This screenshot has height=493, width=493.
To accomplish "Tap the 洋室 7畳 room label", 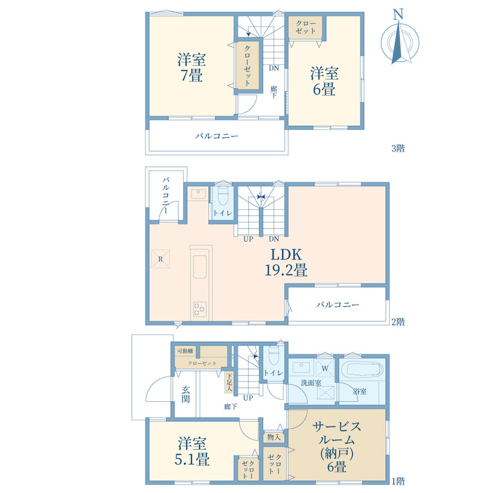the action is point(192,68).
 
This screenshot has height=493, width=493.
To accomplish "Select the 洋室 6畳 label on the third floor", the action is point(324,81).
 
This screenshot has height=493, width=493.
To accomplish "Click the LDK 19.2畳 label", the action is point(286,262).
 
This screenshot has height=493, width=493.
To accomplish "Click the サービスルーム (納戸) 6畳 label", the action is point(336,447).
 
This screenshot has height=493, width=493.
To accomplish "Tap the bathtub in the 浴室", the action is point(364,369).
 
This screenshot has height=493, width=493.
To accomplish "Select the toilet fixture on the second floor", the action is point(222,195).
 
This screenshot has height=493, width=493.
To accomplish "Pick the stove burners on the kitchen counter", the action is point(200,309).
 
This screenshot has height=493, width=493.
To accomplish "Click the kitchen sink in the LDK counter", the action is point(200,267).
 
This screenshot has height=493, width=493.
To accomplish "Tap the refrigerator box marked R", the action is point(160,259).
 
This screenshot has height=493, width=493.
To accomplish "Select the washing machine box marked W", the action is point(325,368).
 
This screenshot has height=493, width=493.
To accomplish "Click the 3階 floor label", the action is point(398,148).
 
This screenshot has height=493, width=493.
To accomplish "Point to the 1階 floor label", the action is point(398,481).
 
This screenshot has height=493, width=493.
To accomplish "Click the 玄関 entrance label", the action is point(185,394).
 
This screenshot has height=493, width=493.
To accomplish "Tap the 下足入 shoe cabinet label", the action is point(229,382).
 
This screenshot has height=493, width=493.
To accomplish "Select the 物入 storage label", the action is point(274,437).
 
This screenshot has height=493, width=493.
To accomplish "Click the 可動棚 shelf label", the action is point(185,351).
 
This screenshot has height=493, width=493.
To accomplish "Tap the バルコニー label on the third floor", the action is point(217,136).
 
